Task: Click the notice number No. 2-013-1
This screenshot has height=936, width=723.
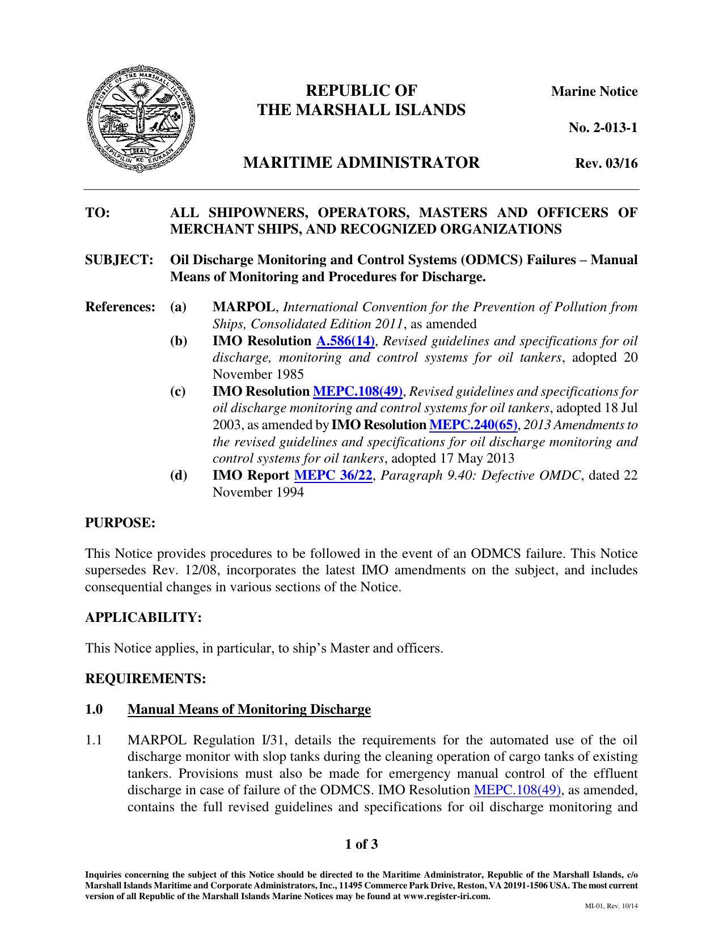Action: coord(603,128)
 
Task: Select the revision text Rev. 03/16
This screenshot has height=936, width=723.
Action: coord(606,164)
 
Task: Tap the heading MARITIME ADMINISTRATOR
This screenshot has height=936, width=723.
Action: coord(361,163)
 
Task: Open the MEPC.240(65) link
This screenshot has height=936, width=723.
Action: coord(473,425)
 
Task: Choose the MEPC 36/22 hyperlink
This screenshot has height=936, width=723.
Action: coord(333,476)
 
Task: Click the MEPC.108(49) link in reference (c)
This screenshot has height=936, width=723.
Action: coord(358,392)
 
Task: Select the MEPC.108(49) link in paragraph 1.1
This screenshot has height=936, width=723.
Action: coord(517,791)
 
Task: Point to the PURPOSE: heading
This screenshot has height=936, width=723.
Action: coord(120,523)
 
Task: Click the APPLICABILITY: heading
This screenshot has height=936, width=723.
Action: coord(143,617)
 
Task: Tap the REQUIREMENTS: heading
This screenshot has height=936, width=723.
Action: coord(145,679)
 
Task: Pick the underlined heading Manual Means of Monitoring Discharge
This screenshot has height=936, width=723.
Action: coord(249,710)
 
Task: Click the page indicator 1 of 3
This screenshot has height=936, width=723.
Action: coord(361,845)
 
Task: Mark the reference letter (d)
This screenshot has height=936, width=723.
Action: coord(179,476)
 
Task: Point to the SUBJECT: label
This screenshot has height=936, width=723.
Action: coord(120,260)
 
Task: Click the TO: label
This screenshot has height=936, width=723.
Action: coord(97,213)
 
